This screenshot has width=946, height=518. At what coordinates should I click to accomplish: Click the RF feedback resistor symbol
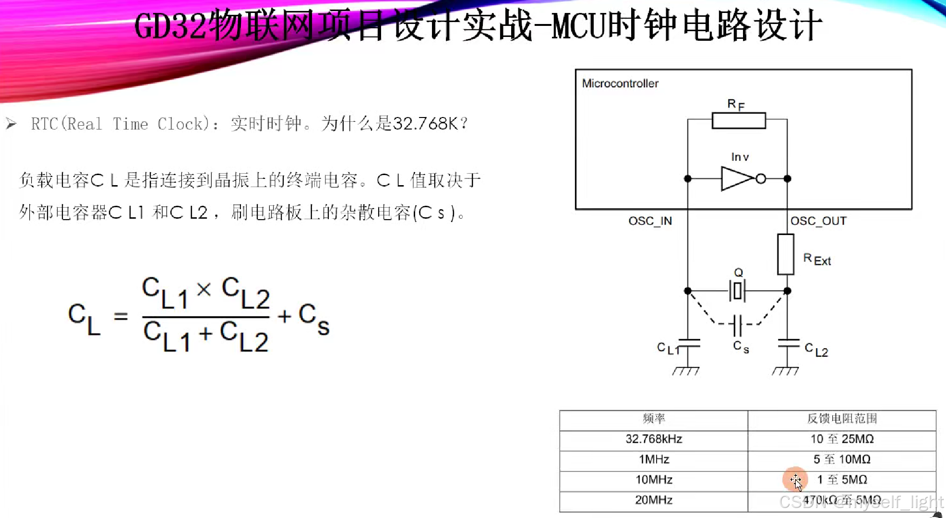739,121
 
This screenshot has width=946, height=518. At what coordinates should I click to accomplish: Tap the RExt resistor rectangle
786,254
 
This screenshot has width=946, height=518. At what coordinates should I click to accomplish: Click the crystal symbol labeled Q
738,291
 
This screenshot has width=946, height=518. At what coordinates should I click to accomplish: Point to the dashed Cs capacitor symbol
738,325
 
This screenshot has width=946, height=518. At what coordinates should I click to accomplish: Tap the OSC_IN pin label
650,221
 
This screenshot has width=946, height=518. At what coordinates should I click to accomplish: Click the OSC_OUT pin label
818,221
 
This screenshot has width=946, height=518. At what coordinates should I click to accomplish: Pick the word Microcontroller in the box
620,83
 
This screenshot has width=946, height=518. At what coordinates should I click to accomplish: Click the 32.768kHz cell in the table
654,439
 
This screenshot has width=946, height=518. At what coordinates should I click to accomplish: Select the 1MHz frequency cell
654,459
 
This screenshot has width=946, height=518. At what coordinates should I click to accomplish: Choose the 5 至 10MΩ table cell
842,459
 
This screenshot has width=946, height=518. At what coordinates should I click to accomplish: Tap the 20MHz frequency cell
654,500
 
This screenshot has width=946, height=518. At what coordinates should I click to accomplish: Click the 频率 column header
654,419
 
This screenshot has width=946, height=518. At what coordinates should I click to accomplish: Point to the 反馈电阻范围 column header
842,419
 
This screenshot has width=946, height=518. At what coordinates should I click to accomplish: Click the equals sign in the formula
121,317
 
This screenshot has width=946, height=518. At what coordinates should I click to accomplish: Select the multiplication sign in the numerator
204,289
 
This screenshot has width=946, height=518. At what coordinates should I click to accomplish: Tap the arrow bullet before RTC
11,124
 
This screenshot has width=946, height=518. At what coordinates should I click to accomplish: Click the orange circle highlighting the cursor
795,479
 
